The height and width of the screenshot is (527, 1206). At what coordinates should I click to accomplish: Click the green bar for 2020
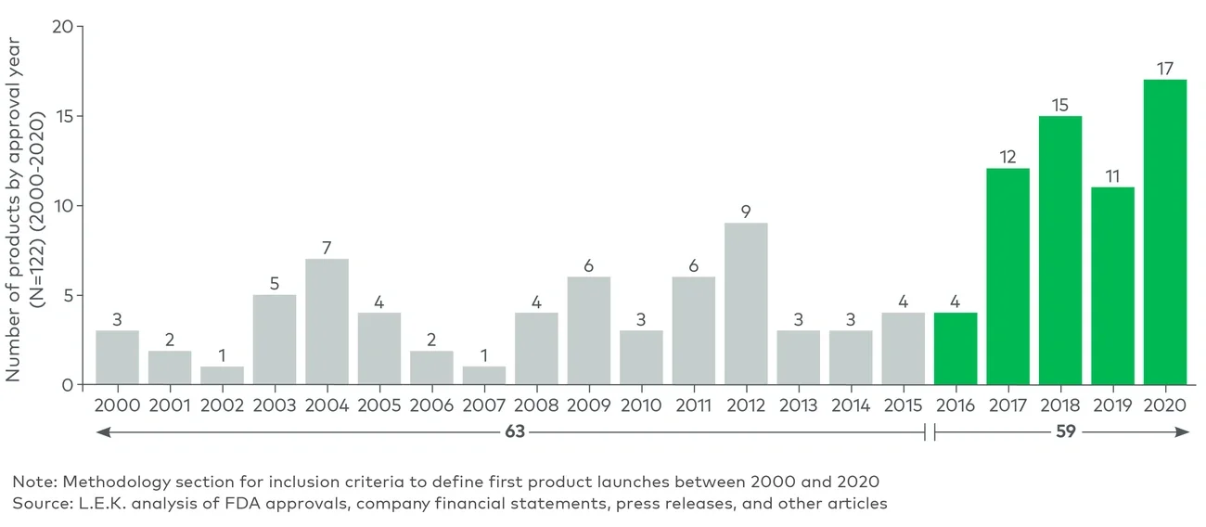pos(1165,232)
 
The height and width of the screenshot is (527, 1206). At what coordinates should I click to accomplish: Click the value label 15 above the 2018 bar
pos(1060,104)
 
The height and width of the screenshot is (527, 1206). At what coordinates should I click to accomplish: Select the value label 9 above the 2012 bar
pos(746,212)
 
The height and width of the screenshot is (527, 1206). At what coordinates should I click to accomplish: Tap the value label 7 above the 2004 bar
pos(327,247)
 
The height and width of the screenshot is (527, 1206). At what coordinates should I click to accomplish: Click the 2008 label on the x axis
pos(536,405)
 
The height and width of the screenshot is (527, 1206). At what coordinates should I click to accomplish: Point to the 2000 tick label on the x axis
pos(117,405)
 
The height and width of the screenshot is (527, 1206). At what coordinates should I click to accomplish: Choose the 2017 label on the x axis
pos(1007,405)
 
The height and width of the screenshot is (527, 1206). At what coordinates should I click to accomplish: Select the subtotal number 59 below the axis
pos(1065,431)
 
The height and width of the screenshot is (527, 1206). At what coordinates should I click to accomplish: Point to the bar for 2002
pos(222,375)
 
